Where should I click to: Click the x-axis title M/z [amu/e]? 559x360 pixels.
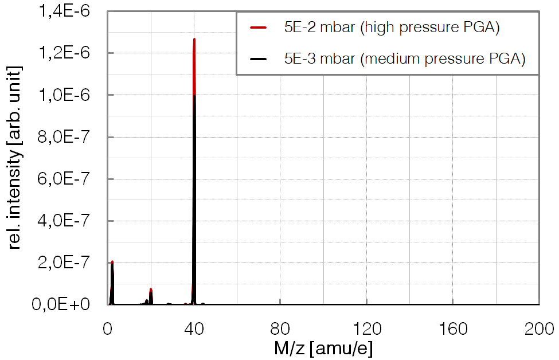[324, 348]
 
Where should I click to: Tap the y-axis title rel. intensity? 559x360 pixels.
[16, 158]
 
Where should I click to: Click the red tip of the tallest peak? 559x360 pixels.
[194, 41]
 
